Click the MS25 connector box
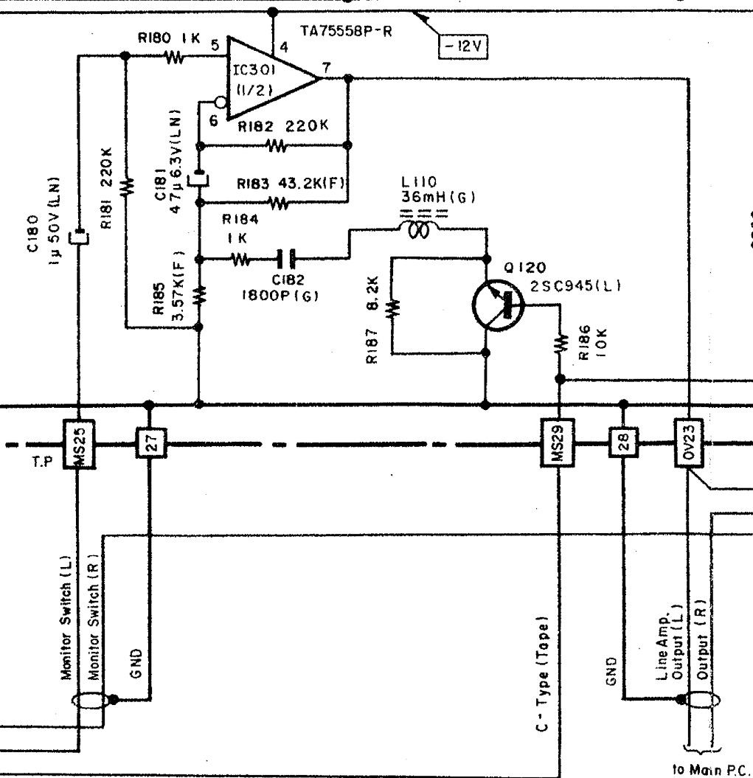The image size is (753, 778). (77, 445)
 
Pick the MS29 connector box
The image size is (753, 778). (558, 445)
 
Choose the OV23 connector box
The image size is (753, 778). (688, 445)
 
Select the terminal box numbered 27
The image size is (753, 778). (149, 445)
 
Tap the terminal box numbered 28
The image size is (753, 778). (623, 445)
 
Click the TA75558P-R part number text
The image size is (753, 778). (349, 31)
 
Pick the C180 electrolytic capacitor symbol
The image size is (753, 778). (77, 238)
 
